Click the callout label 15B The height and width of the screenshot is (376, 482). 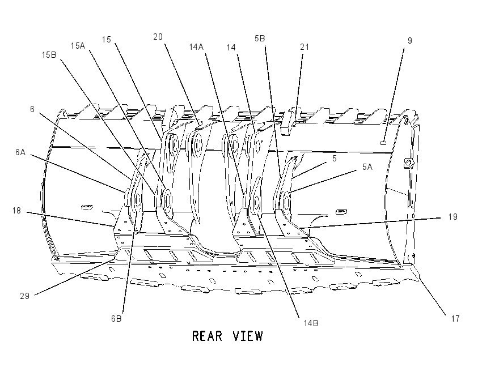[49, 55]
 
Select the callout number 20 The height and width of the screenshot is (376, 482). [158, 37]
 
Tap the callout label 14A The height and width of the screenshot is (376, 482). [196, 47]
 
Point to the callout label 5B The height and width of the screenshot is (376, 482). [260, 39]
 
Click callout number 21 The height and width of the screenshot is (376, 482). [305, 47]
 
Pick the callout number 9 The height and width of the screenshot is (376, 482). [409, 41]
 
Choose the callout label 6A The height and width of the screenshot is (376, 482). [20, 152]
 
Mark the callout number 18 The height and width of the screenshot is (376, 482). [16, 211]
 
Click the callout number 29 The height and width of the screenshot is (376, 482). [24, 296]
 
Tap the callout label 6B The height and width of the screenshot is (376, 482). [116, 319]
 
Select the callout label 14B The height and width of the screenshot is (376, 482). [311, 323]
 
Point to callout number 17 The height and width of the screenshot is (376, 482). [455, 319]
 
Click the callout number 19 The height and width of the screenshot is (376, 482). [453, 217]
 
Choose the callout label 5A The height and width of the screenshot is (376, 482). [367, 167]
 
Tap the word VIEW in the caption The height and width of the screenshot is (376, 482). [248, 336]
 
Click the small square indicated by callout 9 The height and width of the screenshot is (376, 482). [383, 143]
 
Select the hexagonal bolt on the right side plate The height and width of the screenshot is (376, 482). [408, 163]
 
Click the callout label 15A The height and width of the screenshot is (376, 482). [78, 46]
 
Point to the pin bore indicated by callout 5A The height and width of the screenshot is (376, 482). [286, 202]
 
